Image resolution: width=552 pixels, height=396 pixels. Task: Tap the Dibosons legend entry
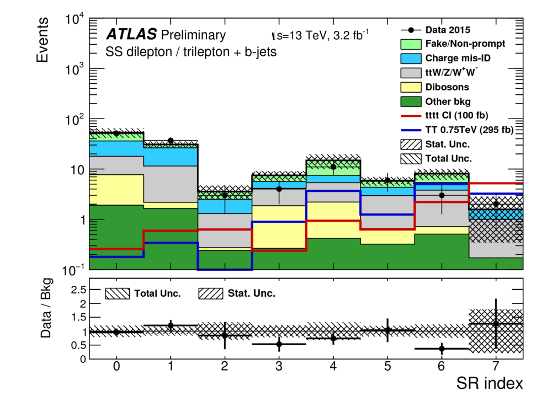coord(448,87)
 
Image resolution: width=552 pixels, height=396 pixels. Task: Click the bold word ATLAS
coord(131,36)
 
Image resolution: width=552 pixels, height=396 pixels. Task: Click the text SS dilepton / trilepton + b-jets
coord(190,52)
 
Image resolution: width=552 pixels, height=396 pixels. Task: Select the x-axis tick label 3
coord(279,366)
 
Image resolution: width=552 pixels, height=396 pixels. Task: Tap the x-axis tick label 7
coord(496,366)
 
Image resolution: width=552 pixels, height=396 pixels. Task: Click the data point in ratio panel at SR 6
coord(442,349)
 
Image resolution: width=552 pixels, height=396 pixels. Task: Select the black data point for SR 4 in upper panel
coord(333,167)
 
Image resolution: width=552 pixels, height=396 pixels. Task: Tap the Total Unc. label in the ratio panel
coord(157,293)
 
